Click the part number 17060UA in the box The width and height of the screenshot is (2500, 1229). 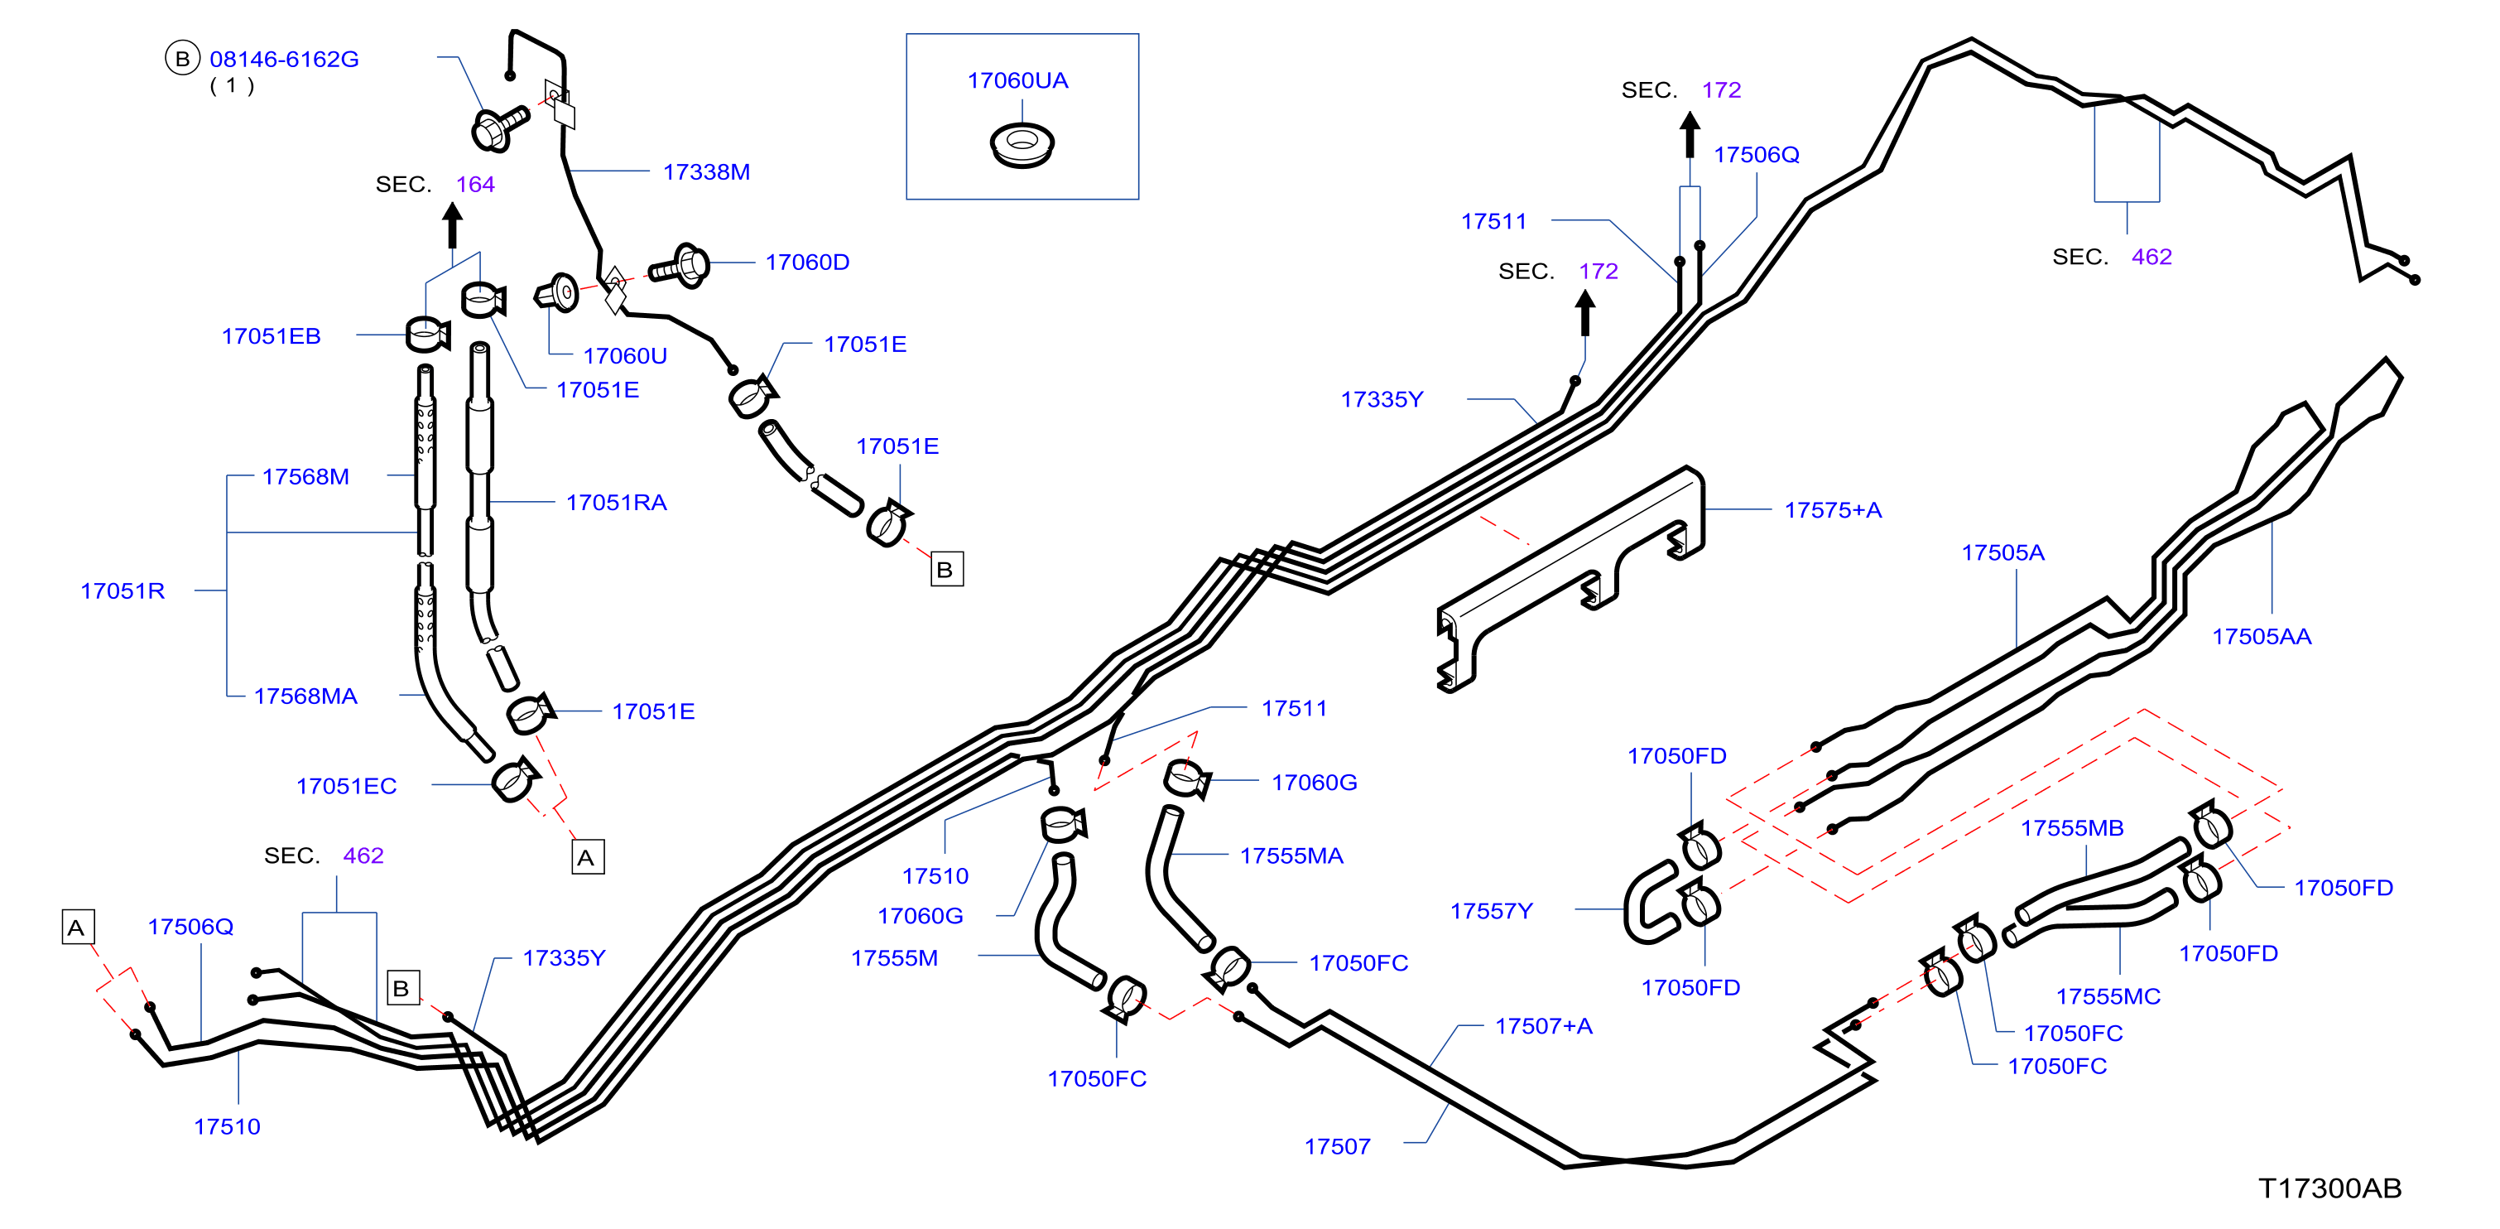click(x=1017, y=80)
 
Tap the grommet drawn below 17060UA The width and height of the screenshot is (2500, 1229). click(x=1021, y=145)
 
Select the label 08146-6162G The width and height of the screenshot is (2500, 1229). click(x=285, y=60)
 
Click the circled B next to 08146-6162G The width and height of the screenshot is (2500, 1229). click(x=181, y=58)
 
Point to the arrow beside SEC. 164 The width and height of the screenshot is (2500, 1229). click(x=452, y=225)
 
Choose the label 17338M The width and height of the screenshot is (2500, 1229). click(x=706, y=171)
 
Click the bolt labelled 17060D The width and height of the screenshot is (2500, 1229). click(x=680, y=265)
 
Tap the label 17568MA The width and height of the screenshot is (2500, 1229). click(x=305, y=696)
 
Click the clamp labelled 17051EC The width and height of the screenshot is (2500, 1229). click(x=514, y=778)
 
